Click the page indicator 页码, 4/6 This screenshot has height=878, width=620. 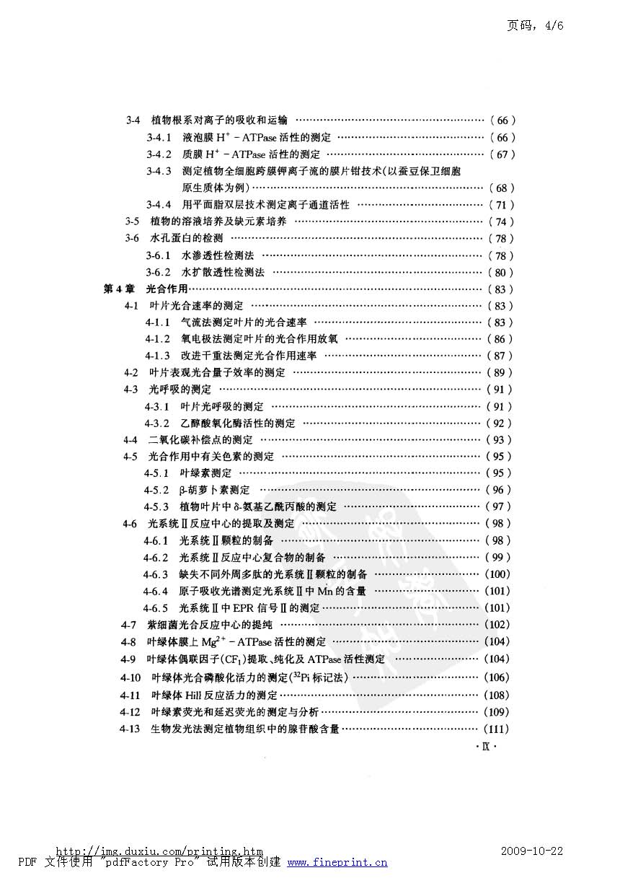[534, 25]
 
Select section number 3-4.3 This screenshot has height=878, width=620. [159, 171]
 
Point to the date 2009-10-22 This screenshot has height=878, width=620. [531, 851]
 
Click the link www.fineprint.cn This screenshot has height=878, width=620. [337, 862]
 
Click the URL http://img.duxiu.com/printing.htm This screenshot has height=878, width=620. [159, 852]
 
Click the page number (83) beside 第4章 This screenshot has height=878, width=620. [500, 289]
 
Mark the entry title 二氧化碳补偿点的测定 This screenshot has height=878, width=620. [200, 440]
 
